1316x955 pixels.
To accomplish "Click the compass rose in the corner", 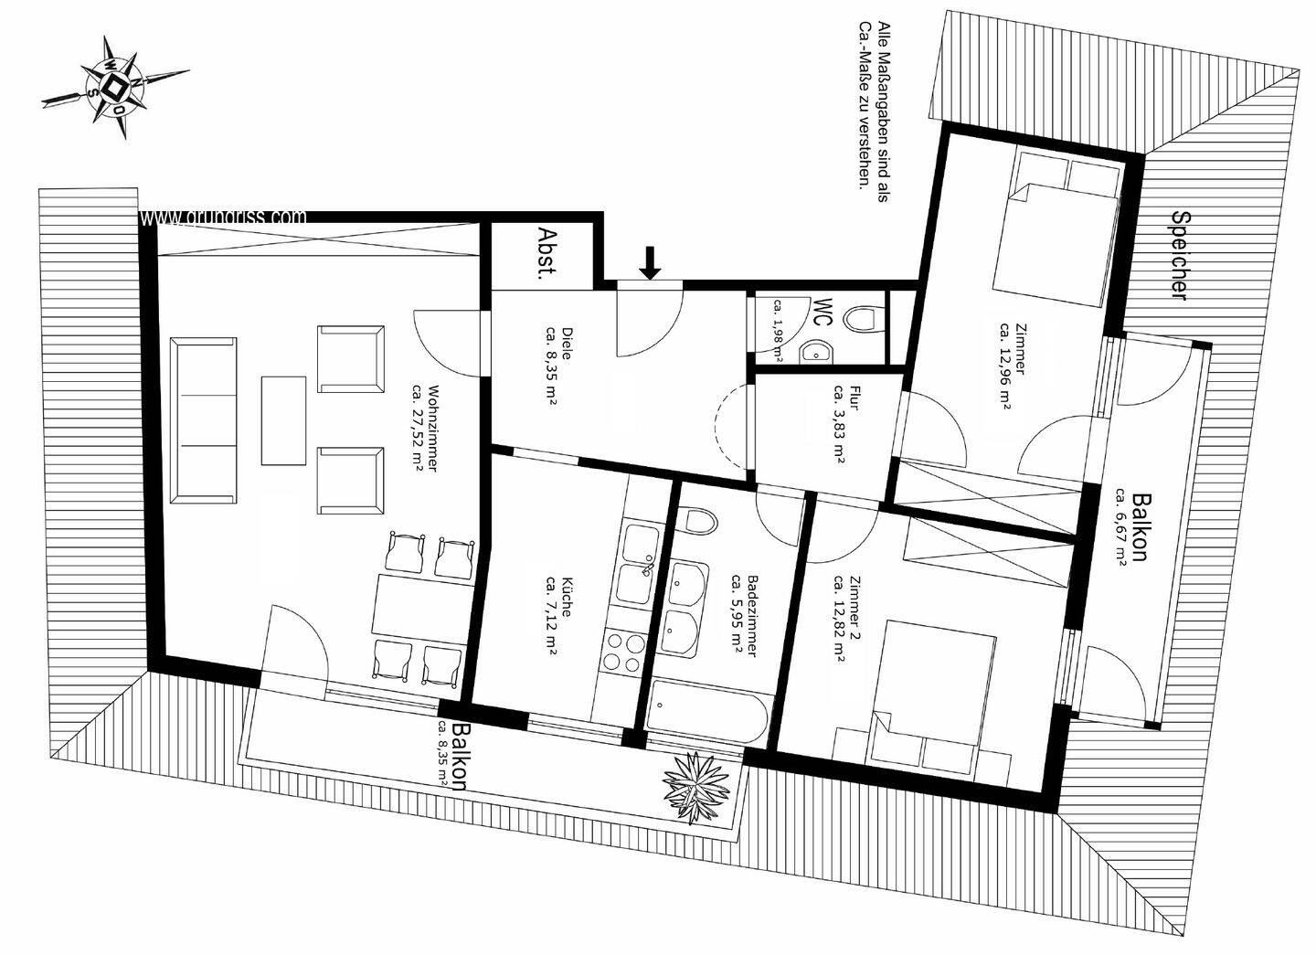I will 115,87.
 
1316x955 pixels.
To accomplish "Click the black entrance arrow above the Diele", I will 650,261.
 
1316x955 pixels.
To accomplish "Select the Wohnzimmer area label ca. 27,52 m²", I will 426,427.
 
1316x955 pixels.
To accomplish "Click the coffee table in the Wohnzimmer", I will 283,420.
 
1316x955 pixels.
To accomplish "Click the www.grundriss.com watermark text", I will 224,218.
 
